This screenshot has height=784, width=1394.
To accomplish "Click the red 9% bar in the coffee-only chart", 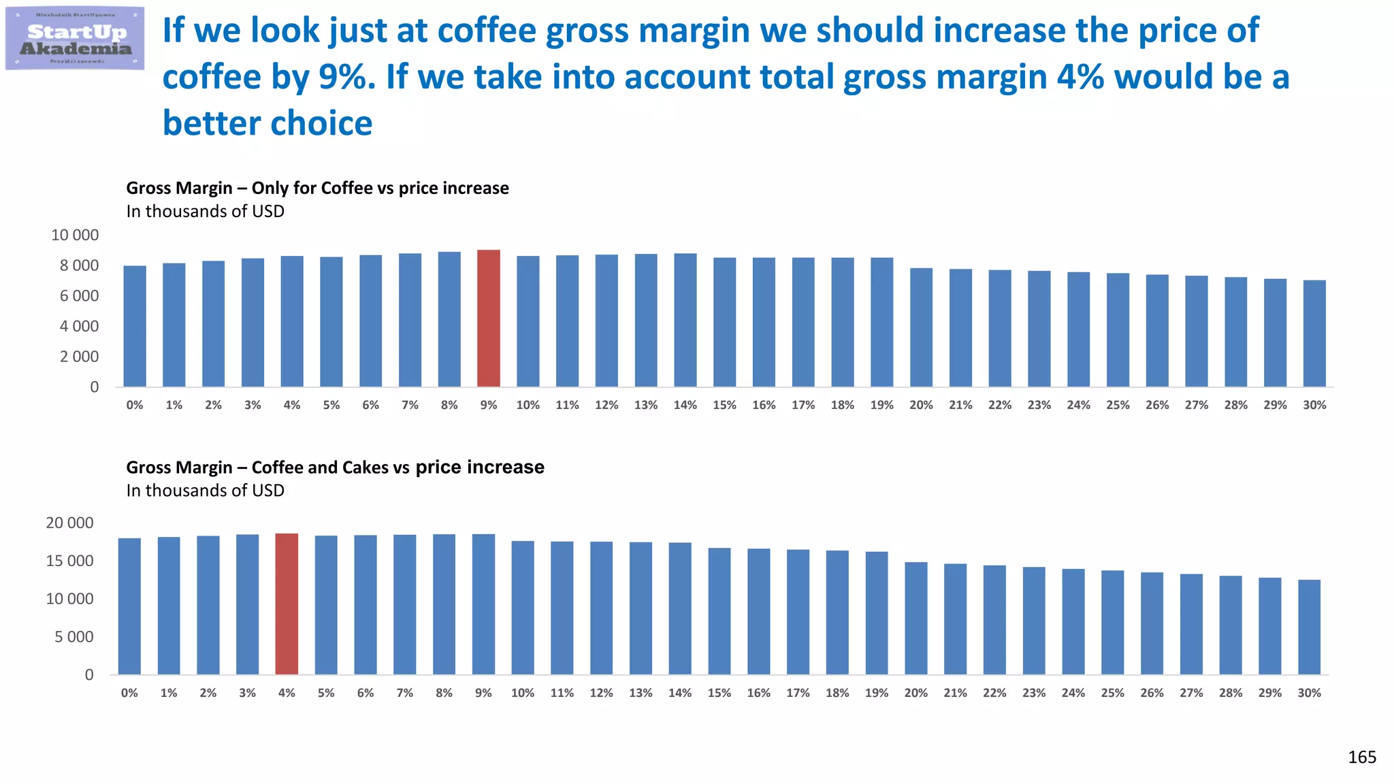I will point(489,318).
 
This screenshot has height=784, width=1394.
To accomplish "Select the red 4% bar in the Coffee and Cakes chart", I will point(287,604).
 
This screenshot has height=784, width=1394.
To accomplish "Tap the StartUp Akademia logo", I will point(75,39).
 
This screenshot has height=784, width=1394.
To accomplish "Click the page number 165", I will point(1361,757).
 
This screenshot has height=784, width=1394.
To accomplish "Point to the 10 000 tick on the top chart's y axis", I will point(75,235).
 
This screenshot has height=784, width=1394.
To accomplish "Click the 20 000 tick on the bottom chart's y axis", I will point(69,523).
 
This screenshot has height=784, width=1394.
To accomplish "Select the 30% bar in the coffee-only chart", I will point(1314,333).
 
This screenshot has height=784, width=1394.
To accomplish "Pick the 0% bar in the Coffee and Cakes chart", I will point(129,606).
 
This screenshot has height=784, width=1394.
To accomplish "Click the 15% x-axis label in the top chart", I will point(724,405).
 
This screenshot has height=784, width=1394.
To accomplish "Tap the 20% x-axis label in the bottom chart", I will point(915,693).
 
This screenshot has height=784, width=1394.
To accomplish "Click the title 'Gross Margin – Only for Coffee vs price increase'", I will point(317,188).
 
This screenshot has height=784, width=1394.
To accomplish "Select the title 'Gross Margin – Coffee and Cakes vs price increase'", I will point(335,468).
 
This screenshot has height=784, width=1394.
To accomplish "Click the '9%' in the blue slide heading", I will point(346,77).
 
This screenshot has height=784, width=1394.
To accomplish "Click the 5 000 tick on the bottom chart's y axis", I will point(74,637).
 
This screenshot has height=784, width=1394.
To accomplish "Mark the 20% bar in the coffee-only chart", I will point(921,327).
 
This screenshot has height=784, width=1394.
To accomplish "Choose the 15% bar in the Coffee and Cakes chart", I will point(719,611).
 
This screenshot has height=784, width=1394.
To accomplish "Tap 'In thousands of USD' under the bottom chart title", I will point(205,491).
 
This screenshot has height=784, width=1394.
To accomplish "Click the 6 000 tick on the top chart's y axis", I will point(79,296).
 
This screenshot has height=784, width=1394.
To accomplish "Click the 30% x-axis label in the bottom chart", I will point(1309,693).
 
